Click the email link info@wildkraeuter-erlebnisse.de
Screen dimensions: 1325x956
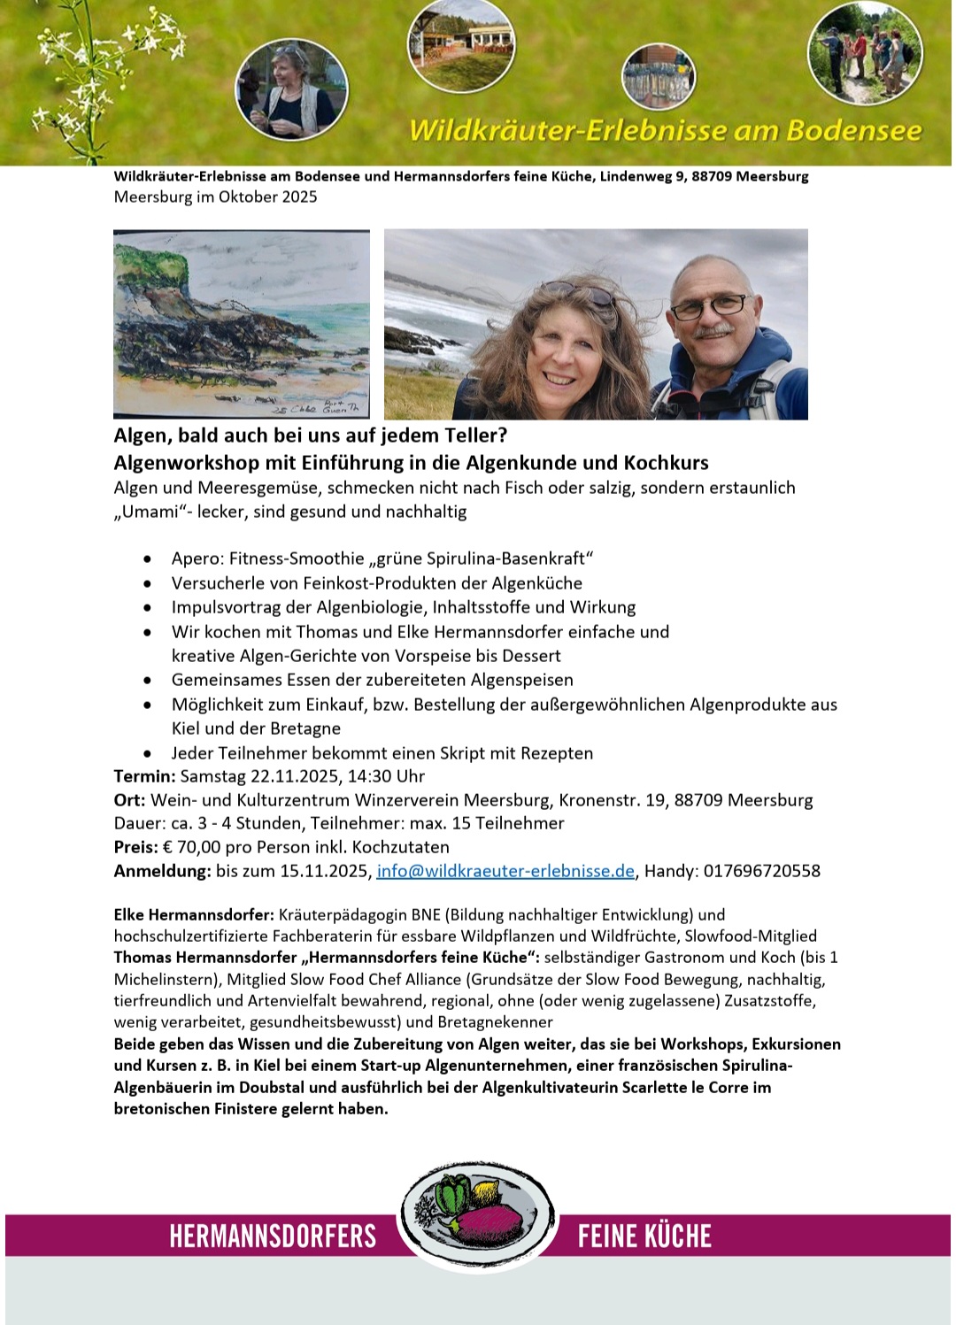(505, 871)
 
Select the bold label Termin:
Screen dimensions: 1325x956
(144, 776)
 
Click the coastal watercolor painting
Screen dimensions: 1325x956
(242, 323)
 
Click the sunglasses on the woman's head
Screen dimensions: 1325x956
(576, 295)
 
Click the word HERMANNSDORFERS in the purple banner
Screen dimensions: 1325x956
(273, 1236)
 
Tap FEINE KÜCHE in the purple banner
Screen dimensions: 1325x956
(644, 1236)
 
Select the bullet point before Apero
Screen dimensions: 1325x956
(148, 559)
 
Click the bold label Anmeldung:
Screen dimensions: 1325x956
(162, 871)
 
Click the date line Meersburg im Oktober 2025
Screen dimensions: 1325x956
(215, 196)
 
